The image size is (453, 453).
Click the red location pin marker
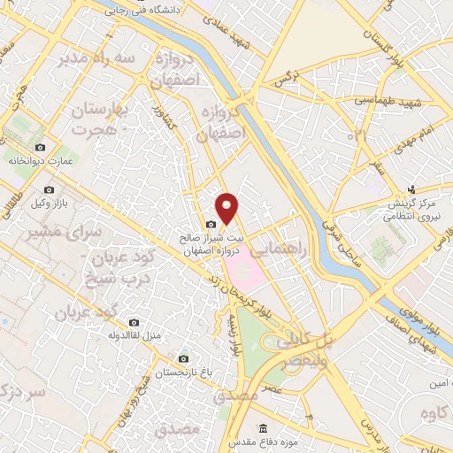(227, 208)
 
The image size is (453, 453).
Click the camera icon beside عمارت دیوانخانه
(39, 148)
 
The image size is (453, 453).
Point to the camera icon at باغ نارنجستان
(183, 359)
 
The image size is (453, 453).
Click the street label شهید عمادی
(238, 34)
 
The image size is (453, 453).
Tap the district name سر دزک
(23, 392)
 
